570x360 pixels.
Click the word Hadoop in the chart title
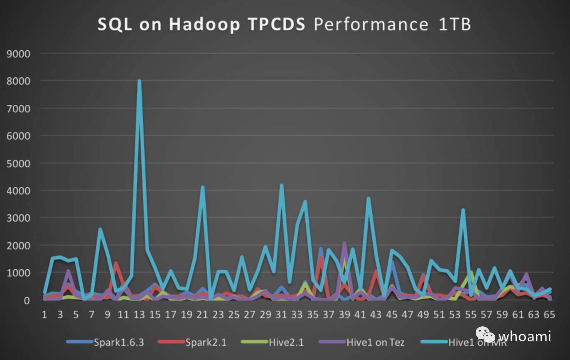tap(204, 24)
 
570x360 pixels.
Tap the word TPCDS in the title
tap(276, 24)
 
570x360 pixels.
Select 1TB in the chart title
tap(455, 24)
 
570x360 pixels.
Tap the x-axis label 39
tap(344, 315)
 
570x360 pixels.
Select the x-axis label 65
tap(549, 315)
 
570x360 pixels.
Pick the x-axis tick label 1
tap(44, 315)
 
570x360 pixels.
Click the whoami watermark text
tap(524, 336)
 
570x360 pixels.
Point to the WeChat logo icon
tap(485, 335)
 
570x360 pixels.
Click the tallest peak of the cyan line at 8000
tap(139, 81)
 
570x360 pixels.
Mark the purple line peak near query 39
tap(344, 243)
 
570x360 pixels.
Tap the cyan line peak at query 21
tap(202, 187)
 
